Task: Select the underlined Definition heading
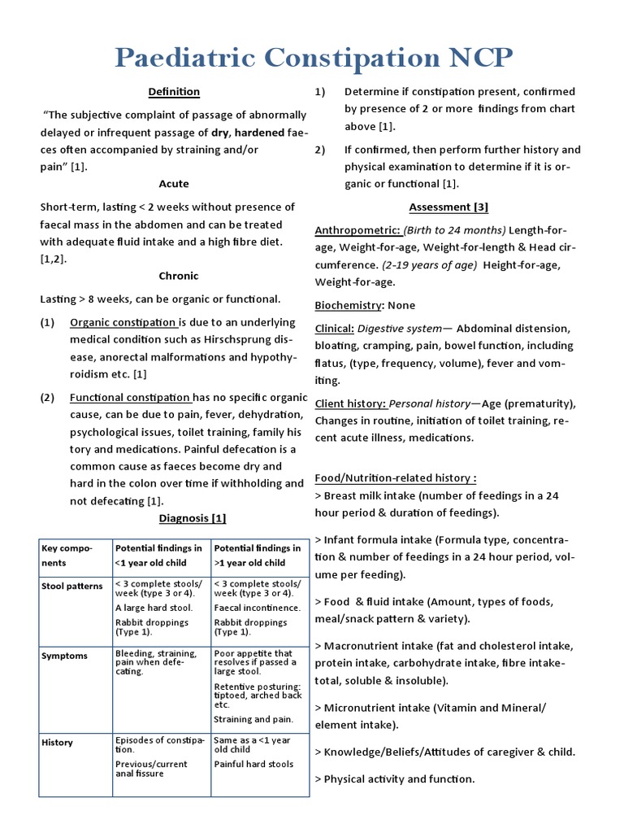point(174,92)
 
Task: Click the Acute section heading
point(174,184)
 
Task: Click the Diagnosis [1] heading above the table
point(192,518)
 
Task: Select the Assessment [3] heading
point(448,207)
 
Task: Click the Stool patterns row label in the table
point(72,586)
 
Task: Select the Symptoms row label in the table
point(64,656)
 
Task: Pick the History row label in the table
point(58,742)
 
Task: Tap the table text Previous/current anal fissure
point(151,769)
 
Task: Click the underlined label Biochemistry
point(348,305)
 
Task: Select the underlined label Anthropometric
point(357,230)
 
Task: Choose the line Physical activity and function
point(399,779)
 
